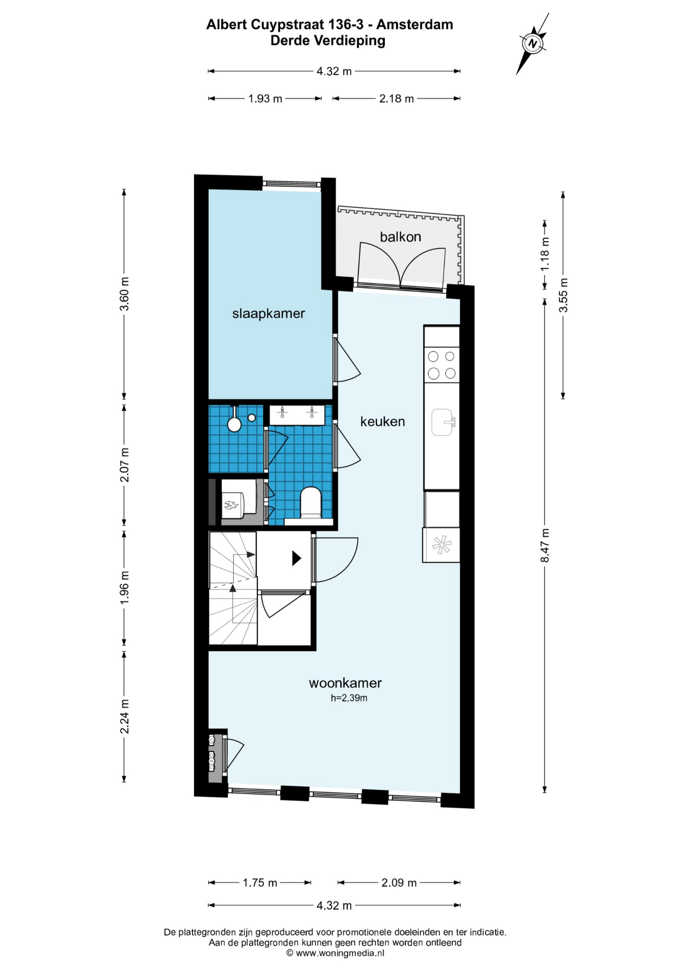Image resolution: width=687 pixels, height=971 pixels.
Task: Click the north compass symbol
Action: coord(533,44)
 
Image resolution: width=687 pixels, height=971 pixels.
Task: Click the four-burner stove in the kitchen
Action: coord(441,364)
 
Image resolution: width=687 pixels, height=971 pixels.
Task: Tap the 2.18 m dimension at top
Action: coord(396,99)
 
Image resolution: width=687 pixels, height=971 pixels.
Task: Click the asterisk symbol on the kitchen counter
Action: coord(442,545)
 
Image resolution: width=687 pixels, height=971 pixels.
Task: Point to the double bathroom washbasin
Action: coord(297,415)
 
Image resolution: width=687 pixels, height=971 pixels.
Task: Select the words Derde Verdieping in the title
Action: coord(328,41)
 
